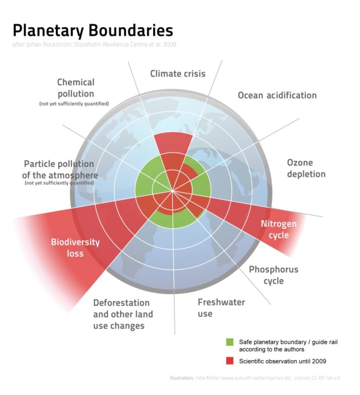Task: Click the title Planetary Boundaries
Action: [92, 31]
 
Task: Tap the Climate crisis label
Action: [178, 74]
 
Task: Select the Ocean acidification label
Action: [277, 95]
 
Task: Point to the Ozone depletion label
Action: [306, 168]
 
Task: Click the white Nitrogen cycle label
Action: [278, 229]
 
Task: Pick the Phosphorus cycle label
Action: [274, 275]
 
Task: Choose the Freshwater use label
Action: [221, 307]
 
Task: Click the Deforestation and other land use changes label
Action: [123, 314]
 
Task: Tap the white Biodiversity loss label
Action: [75, 248]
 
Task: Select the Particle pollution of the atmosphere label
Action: [60, 169]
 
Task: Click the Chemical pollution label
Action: [76, 88]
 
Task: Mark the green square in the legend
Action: [230, 342]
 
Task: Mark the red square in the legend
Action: [230, 361]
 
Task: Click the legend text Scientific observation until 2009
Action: [283, 361]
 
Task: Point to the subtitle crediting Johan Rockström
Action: [94, 44]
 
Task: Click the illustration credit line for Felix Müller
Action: [255, 378]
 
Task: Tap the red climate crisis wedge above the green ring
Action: [173, 143]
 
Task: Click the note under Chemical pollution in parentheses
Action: [74, 104]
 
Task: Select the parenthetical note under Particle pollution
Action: [59, 183]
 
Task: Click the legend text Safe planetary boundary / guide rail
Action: [288, 346]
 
